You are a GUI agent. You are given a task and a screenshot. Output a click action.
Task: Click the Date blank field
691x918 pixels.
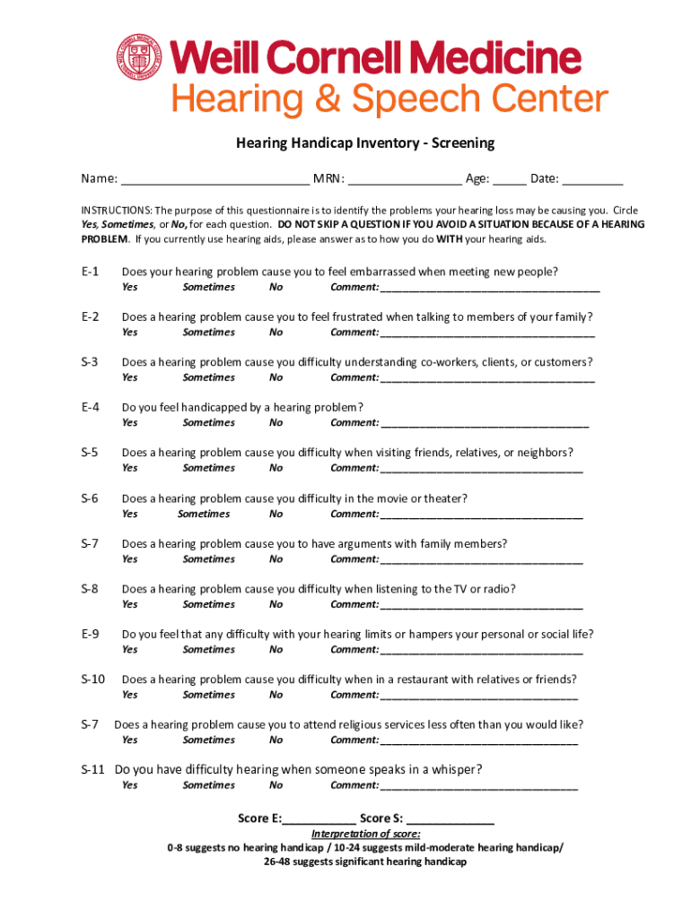[x=593, y=178]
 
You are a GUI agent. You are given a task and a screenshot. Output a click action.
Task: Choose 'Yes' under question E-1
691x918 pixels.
[x=130, y=288]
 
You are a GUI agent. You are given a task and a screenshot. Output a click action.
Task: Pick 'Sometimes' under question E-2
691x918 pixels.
[x=208, y=333]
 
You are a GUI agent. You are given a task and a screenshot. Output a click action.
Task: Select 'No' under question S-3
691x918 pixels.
[x=276, y=377]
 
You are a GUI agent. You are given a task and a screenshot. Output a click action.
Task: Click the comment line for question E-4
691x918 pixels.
[x=485, y=423]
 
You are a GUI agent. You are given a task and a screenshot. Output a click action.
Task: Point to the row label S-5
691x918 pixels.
[x=90, y=453]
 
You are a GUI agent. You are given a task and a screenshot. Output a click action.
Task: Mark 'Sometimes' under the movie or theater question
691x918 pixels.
[x=204, y=515]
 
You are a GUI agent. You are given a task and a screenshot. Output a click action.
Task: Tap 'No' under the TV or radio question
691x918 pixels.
[x=276, y=604]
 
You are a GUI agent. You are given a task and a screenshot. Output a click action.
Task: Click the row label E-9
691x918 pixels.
[x=90, y=634]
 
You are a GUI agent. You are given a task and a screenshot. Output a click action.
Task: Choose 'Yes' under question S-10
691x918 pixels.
[x=130, y=695]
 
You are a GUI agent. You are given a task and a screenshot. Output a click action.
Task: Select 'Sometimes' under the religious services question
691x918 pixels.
[x=208, y=740]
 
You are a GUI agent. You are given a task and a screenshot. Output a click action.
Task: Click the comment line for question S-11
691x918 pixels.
[x=479, y=786]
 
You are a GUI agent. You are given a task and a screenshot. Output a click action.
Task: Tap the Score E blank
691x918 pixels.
[x=319, y=819]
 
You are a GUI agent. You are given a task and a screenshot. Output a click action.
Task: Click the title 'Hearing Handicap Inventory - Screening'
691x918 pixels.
[x=365, y=143]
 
